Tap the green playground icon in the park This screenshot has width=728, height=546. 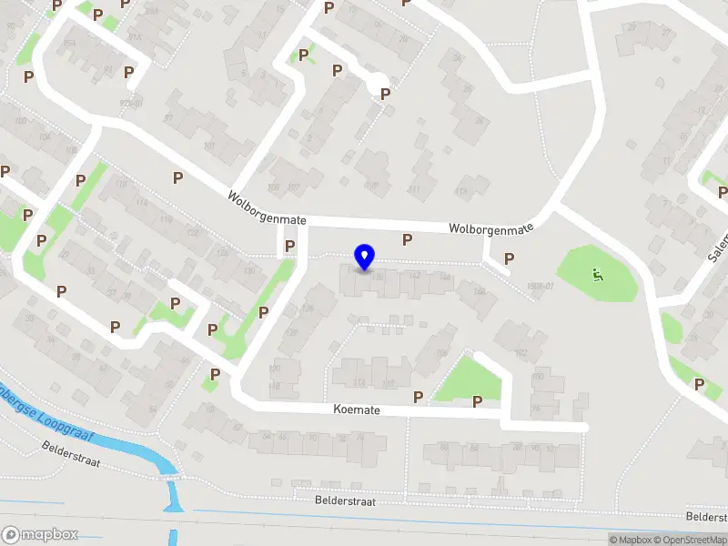click(597, 274)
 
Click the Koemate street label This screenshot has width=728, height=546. click(356, 410)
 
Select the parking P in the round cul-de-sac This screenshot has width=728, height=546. click(385, 94)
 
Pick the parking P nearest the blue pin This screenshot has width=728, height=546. click(407, 239)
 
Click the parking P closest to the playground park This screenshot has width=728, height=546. click(509, 258)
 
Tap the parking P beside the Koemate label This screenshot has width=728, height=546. click(418, 397)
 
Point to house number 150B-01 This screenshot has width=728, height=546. click(540, 287)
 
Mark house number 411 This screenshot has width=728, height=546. click(414, 189)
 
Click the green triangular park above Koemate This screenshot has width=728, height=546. click(469, 379)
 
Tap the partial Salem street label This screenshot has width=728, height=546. click(718, 247)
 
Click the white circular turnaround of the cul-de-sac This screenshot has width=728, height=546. click(377, 83)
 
